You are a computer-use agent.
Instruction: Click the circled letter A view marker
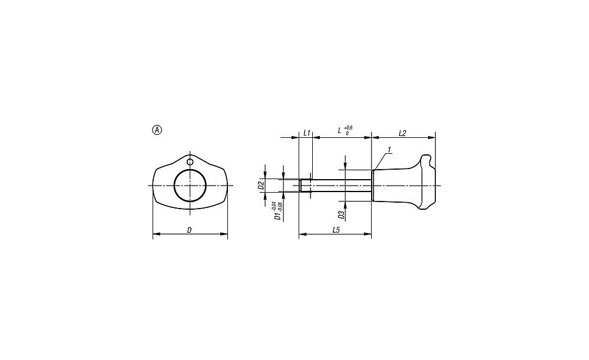pos(157,130)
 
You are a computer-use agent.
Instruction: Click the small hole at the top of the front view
pos(190,162)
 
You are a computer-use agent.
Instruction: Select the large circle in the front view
pos(190,185)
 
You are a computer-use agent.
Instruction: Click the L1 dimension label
pos(306,133)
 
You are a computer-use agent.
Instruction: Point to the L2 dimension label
pos(402,133)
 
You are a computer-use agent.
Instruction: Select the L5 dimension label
pos(336,230)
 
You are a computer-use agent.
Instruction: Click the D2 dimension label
pos(261,185)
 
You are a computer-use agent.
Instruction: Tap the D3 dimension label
pos(341,214)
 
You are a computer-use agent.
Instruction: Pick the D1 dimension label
pos(277,216)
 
